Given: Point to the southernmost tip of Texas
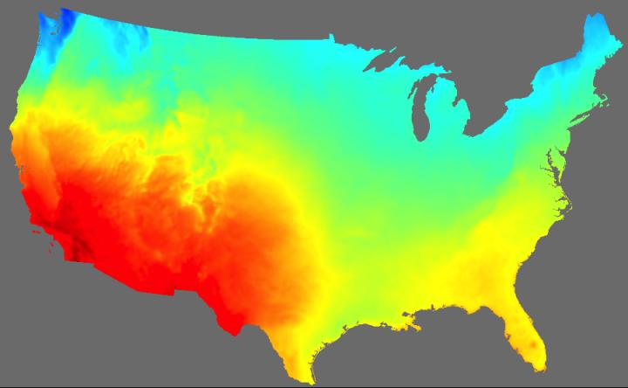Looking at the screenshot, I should (310, 382).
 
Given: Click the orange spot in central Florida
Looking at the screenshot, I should (526, 346).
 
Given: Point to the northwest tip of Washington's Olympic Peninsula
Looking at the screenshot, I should (38, 17).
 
